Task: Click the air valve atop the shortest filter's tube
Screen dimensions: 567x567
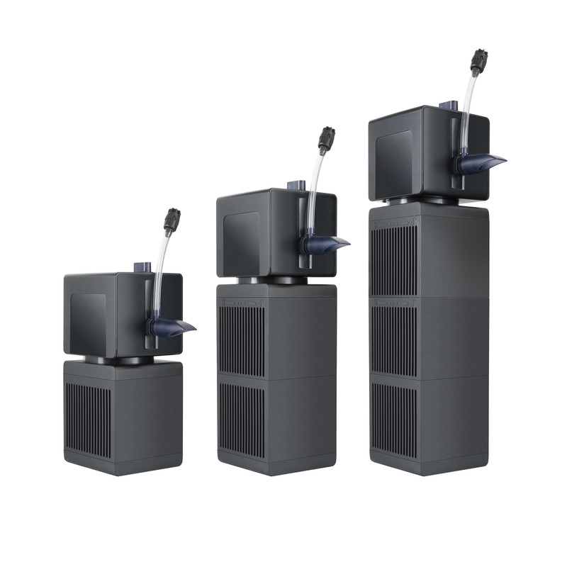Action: pos(172,220)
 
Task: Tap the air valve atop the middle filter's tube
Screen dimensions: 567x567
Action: pos(326,139)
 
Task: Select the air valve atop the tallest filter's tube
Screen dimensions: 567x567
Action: pos(479,61)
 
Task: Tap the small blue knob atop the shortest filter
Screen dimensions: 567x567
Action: pos(140,267)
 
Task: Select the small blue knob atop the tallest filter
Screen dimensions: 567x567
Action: pos(447,105)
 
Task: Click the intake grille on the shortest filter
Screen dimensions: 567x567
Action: pos(88,420)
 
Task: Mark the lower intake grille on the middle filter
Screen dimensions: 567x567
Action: pos(241,419)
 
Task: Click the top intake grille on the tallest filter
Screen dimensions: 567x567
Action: pos(394,259)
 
